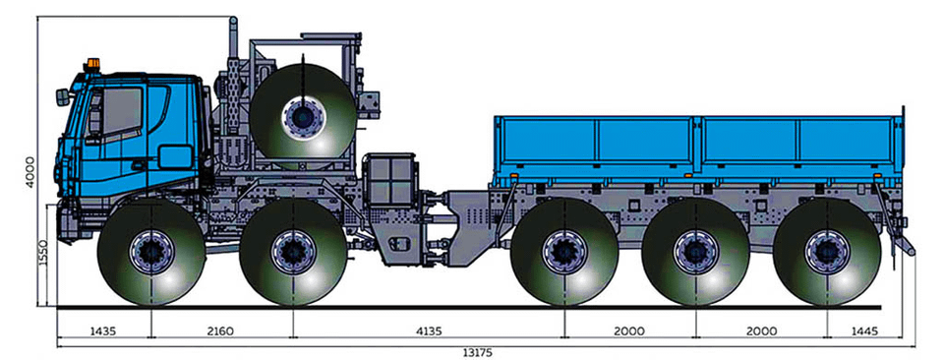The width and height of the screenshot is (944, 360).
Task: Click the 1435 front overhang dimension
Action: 102,330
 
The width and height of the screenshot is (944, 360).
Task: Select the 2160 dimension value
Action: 220,330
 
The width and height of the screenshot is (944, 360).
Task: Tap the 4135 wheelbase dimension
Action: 428,330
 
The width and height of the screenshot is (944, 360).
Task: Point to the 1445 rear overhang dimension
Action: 865,330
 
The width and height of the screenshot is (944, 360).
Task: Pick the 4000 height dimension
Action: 30,172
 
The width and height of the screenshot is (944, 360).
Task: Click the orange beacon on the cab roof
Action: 92,64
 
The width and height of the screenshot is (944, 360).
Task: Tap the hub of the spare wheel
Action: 303,117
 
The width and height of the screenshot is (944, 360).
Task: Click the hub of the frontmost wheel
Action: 151,252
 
